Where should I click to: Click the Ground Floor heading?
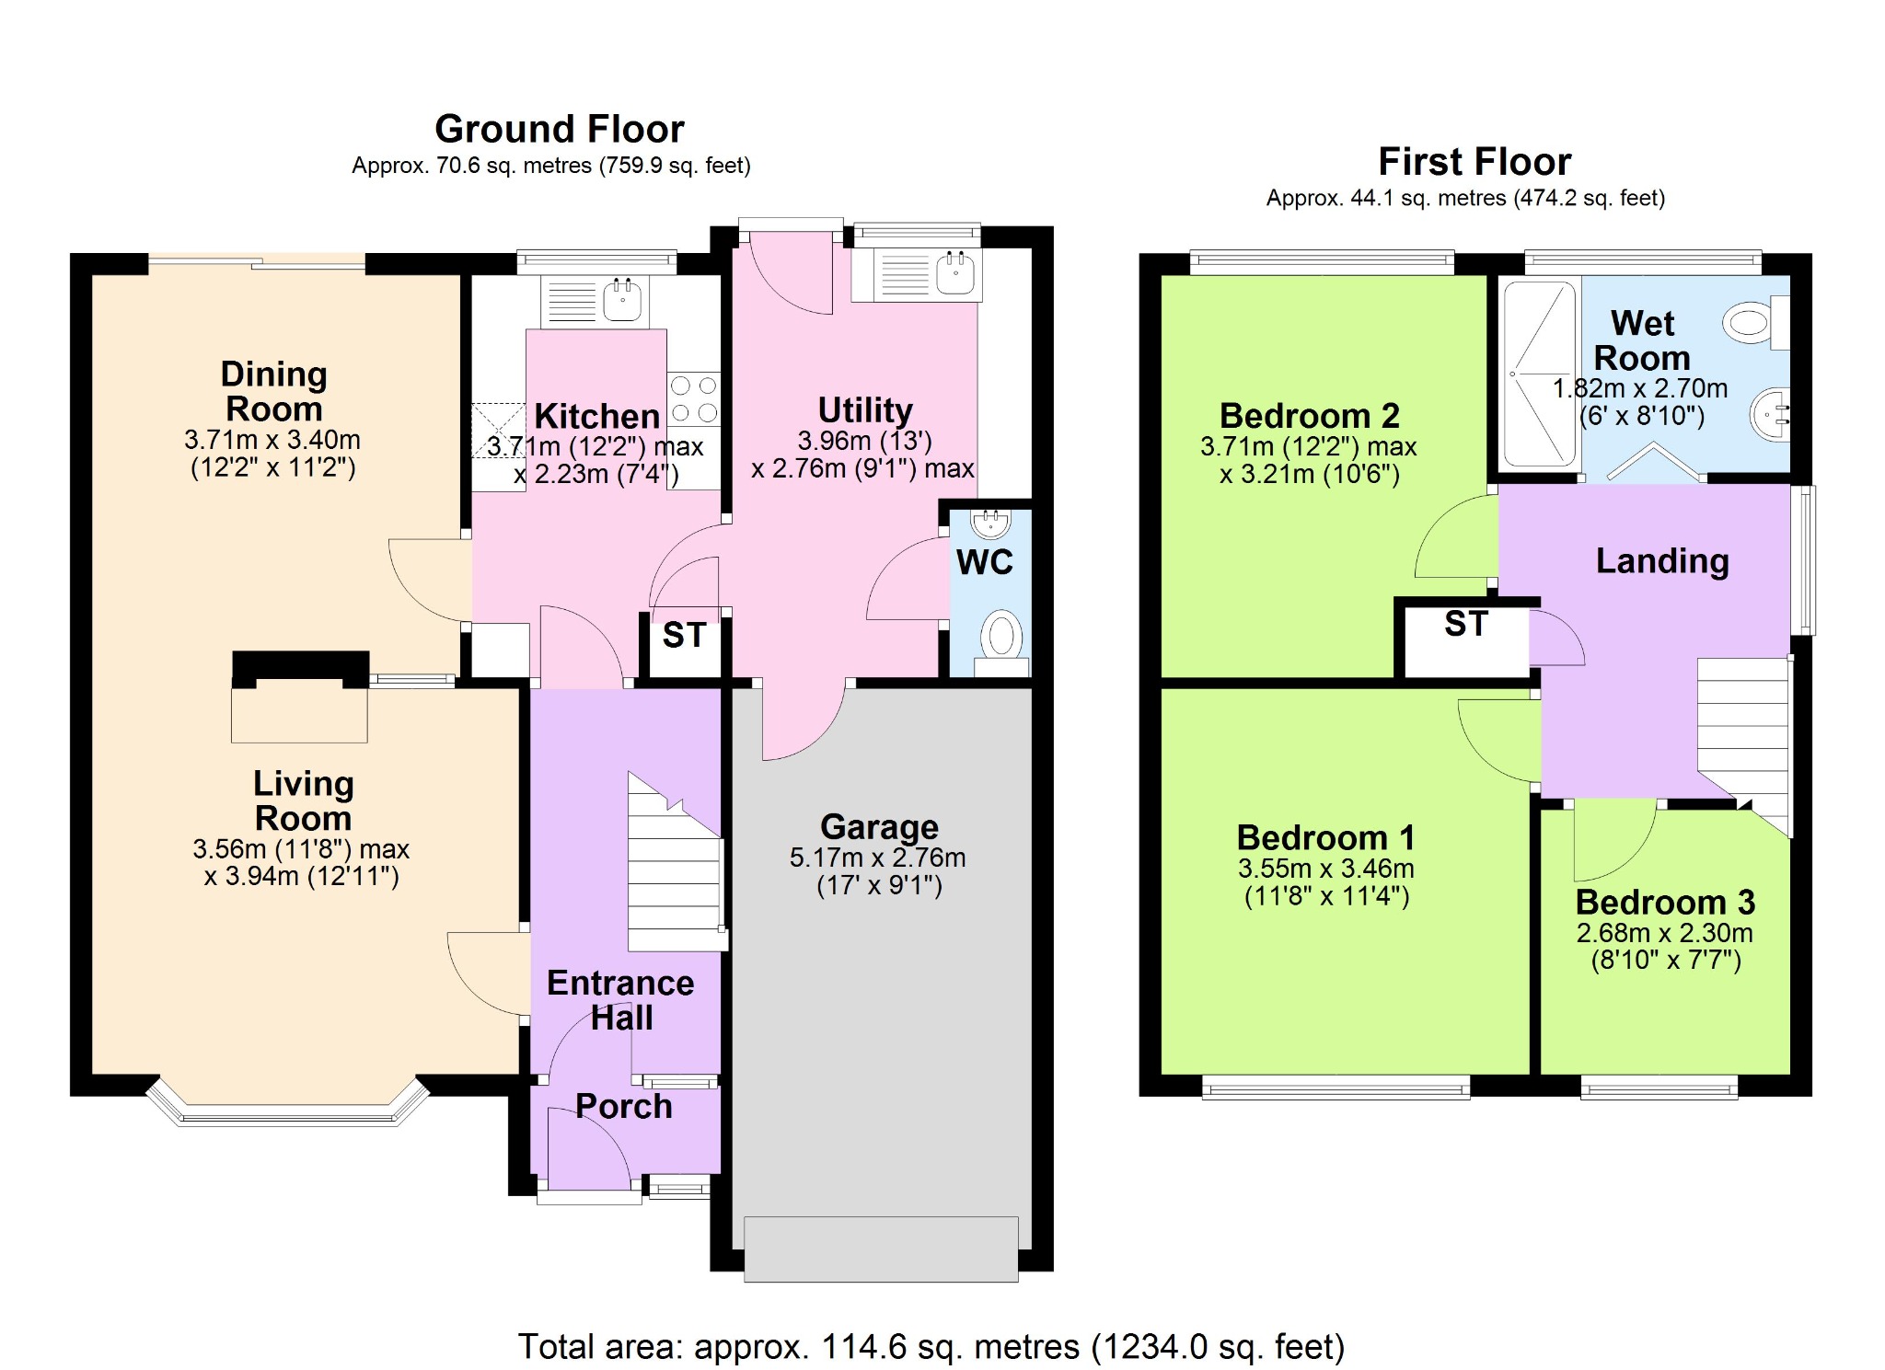[x=559, y=130]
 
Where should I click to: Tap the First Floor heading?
[x=1474, y=162]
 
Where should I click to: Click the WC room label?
[x=984, y=562]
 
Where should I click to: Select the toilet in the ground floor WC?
[x=1001, y=637]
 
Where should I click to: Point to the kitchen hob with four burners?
[x=693, y=398]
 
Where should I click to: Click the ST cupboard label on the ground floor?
[x=684, y=636]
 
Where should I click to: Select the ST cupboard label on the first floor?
[x=1465, y=625]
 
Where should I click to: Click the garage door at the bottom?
[x=881, y=1249]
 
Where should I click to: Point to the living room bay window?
[x=288, y=1111]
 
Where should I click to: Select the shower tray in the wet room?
[x=1539, y=374]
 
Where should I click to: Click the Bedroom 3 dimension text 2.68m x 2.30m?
[x=1664, y=933]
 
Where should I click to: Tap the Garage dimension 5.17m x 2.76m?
[x=877, y=858]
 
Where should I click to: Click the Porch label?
[x=623, y=1107]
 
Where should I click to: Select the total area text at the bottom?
[x=931, y=1347]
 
